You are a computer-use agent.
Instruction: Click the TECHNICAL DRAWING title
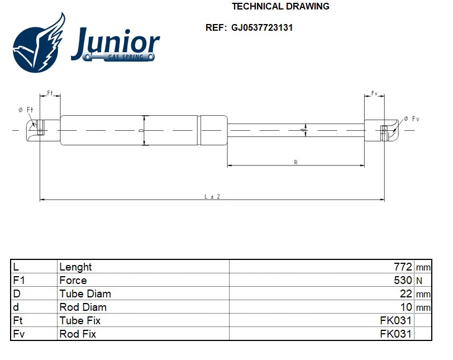(280, 7)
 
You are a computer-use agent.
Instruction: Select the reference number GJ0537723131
(262, 27)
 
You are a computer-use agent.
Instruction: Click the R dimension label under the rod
(295, 162)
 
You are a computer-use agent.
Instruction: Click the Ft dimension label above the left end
(50, 93)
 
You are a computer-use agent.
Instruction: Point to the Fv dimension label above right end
(374, 93)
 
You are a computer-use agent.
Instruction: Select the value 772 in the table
(403, 267)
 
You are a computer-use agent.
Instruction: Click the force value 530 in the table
(403, 280)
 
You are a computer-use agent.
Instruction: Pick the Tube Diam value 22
(406, 293)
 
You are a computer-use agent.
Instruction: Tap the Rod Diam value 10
(406, 307)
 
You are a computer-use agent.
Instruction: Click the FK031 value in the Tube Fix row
(395, 320)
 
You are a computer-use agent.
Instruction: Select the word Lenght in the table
(75, 267)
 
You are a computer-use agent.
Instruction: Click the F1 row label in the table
(18, 280)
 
